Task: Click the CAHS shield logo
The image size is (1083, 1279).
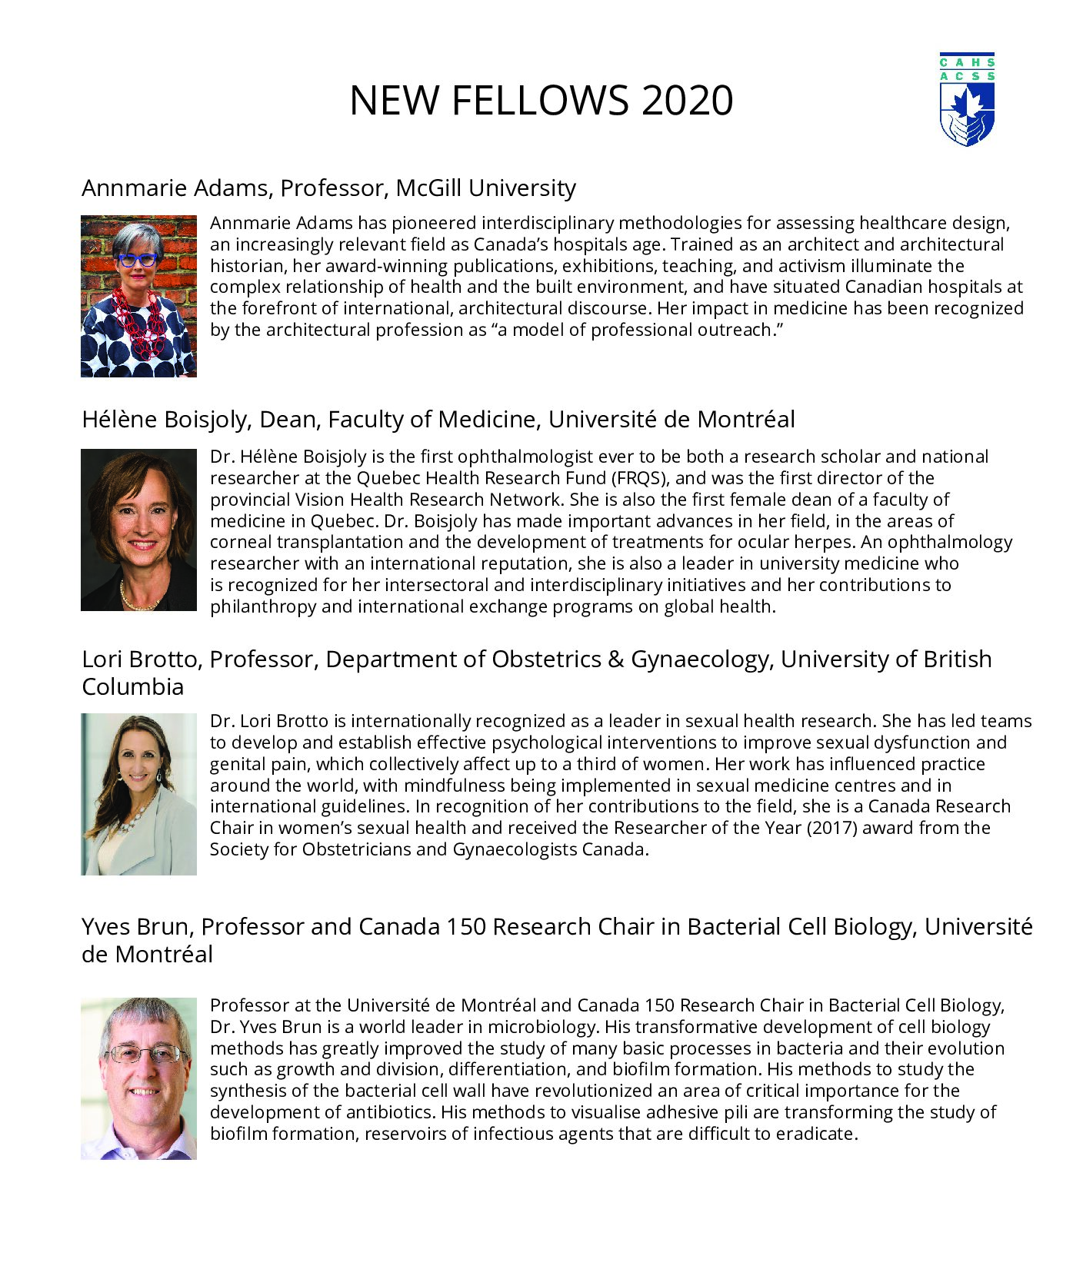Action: [x=967, y=100]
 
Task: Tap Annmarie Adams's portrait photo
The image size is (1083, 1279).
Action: [x=138, y=296]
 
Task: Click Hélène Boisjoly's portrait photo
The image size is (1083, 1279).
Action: [x=138, y=530]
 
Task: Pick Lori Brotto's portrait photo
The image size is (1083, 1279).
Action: [x=138, y=794]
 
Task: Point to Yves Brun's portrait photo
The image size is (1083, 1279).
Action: [x=138, y=1078]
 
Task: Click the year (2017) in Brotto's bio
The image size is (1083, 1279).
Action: [x=832, y=828]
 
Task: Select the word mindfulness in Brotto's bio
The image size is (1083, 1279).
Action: [x=453, y=786]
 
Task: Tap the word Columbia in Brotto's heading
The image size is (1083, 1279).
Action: [x=133, y=687]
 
